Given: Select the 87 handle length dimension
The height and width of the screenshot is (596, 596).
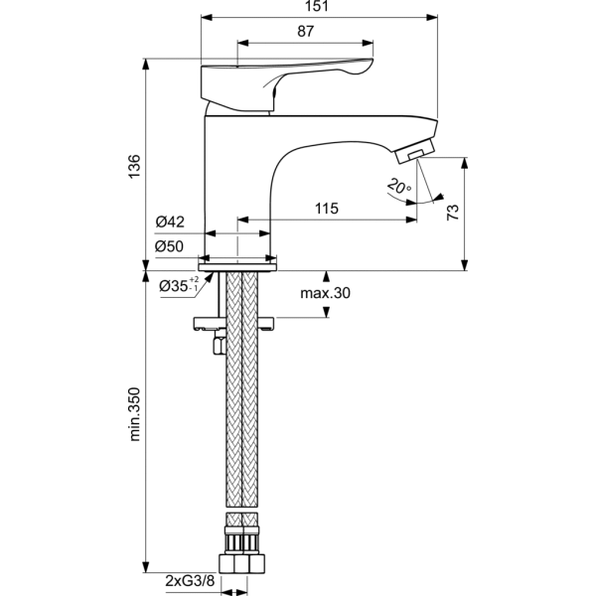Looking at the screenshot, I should click(305, 32).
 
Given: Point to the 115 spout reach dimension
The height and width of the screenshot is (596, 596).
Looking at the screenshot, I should click(327, 209).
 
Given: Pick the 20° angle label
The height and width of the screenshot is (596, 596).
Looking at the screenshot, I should click(399, 186).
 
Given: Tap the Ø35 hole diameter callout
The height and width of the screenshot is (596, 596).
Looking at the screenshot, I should click(179, 287).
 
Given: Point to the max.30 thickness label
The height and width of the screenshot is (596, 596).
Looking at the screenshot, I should click(327, 293).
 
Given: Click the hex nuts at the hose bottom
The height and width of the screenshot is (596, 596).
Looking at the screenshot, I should click(238, 565).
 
